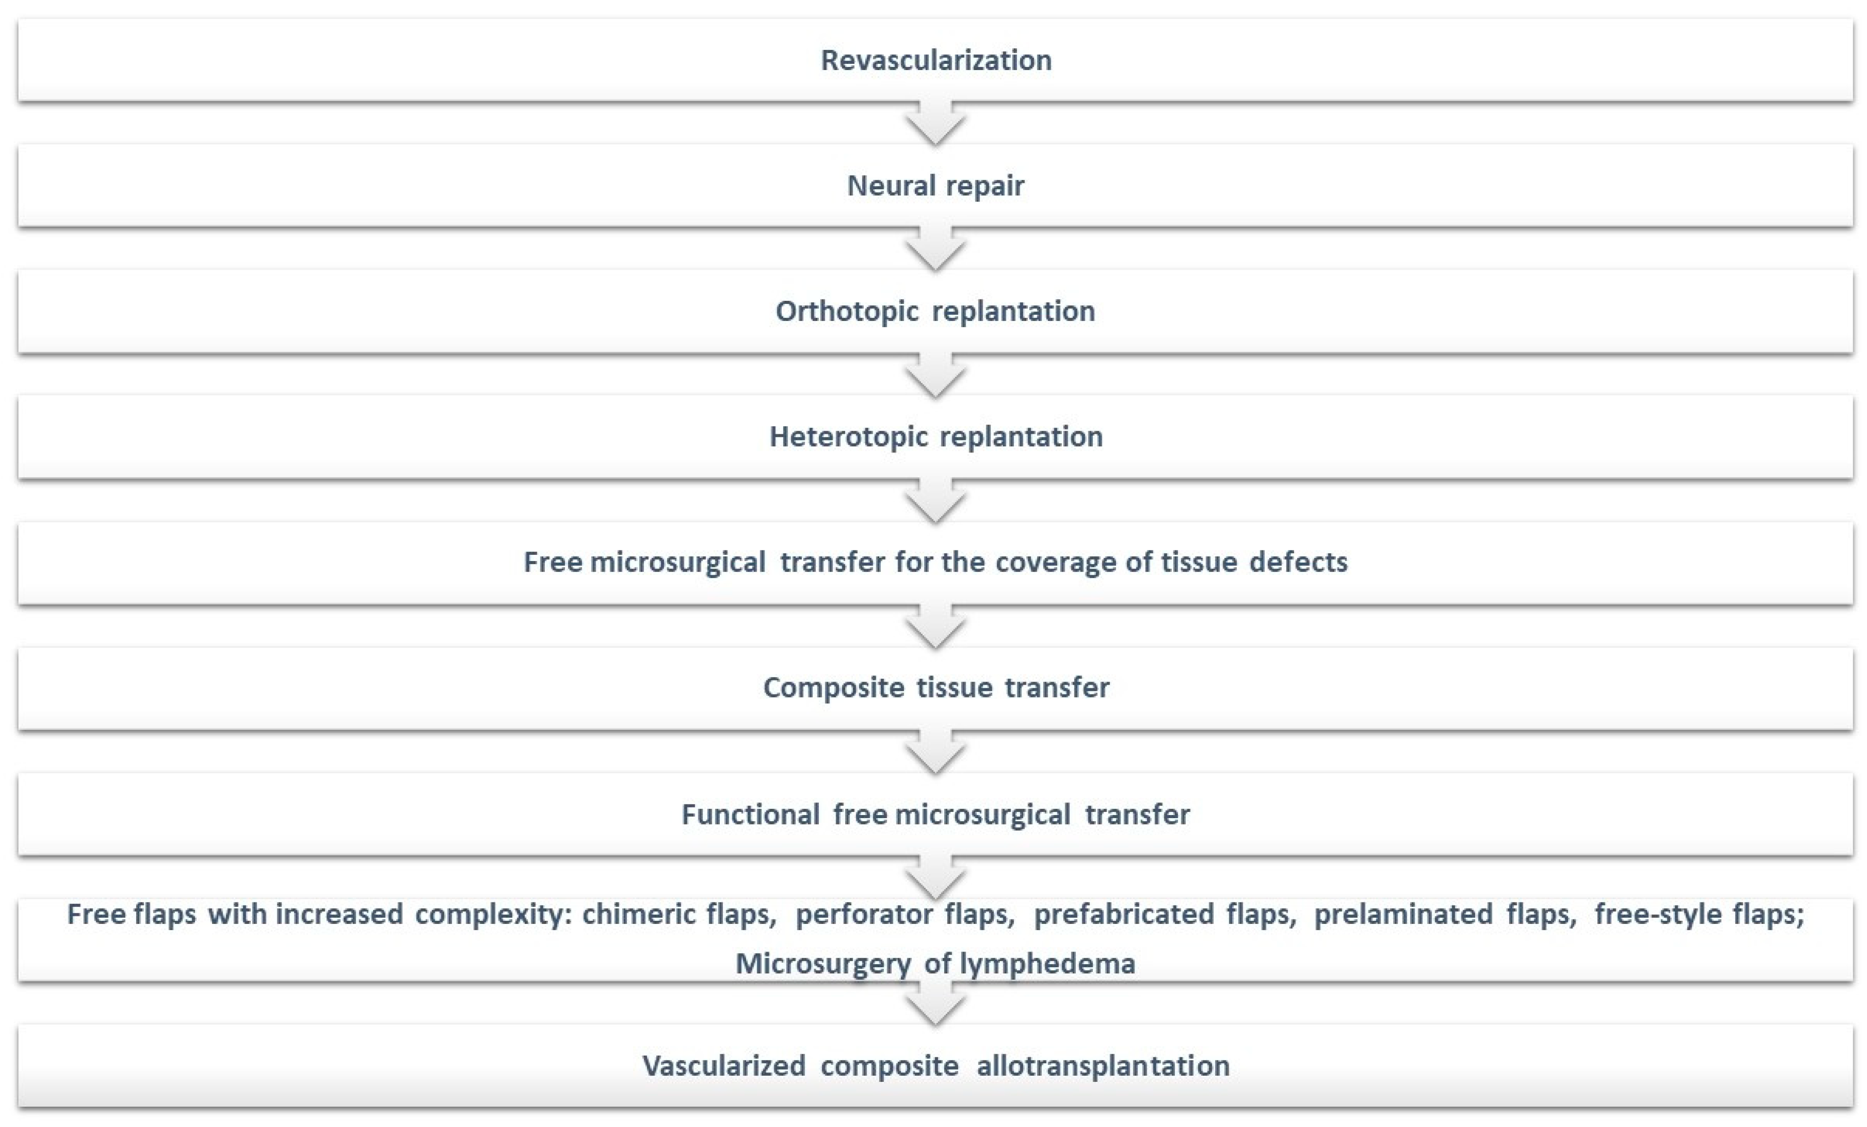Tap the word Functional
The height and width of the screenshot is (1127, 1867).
point(750,814)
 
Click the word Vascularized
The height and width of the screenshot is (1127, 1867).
point(724,1065)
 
